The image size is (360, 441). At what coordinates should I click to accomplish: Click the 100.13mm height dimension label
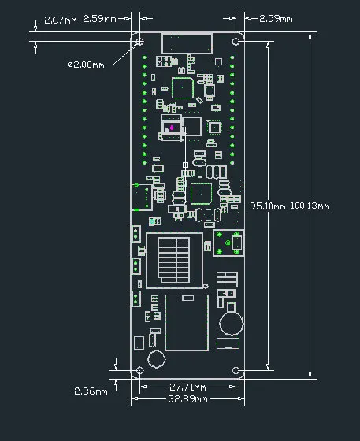point(310,206)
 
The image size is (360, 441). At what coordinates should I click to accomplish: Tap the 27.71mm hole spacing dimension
point(187,387)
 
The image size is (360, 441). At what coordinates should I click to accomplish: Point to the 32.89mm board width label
point(187,399)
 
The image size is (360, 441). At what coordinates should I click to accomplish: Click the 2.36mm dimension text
point(90,391)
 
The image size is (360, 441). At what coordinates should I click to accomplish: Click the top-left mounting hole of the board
point(139,41)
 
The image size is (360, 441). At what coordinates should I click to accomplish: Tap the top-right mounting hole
point(236,41)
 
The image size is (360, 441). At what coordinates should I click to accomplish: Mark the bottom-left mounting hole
point(139,370)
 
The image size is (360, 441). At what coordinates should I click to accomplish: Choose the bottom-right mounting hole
point(236,370)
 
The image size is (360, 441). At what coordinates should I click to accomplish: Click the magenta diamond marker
point(172,128)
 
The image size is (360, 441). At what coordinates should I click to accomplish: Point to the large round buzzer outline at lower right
point(231,321)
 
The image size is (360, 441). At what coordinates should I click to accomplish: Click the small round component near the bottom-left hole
point(156,359)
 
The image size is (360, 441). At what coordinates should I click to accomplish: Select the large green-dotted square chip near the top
point(183,88)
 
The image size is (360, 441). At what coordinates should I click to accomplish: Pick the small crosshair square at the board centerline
point(186,165)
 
